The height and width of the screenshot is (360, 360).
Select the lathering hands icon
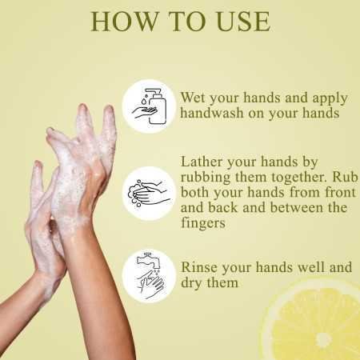pos(149,193)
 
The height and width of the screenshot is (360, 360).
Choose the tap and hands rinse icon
pos(149,273)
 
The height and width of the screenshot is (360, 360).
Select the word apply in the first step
pos(327,98)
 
